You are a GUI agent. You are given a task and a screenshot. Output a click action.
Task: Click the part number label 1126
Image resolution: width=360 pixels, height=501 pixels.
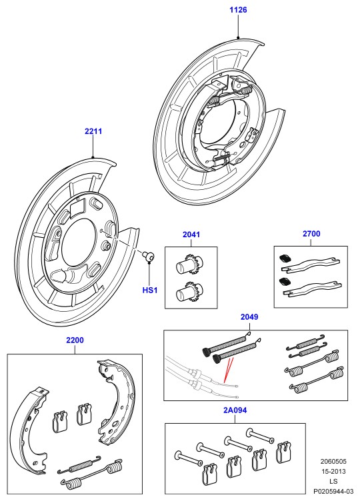click(x=238, y=10)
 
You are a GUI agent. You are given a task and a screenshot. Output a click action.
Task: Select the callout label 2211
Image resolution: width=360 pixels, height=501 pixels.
click(x=93, y=131)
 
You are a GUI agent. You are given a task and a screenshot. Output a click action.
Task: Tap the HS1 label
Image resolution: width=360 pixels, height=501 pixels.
click(x=150, y=290)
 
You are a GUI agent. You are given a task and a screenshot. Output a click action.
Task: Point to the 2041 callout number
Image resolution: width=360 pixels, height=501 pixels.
click(x=191, y=235)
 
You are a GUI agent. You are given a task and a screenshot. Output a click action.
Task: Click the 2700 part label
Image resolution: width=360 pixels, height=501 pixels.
click(x=311, y=234)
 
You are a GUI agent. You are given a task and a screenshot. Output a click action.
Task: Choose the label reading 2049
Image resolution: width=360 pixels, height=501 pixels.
click(x=249, y=317)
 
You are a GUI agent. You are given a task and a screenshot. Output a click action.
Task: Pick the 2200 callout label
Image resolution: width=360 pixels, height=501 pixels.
click(x=75, y=340)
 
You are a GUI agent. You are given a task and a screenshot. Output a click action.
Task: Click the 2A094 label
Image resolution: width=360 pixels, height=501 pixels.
click(x=235, y=410)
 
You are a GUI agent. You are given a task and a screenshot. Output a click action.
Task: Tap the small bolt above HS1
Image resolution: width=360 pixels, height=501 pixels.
click(x=148, y=255)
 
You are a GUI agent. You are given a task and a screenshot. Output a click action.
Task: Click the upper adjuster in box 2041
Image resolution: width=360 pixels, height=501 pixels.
click(x=188, y=265)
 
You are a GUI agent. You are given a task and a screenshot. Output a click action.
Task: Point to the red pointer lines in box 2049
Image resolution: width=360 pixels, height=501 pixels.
click(x=228, y=370)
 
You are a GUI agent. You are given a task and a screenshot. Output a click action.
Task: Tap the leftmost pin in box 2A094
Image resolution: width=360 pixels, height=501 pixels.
click(x=189, y=458)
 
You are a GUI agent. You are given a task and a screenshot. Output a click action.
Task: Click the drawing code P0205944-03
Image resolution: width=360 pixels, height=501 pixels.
click(x=333, y=492)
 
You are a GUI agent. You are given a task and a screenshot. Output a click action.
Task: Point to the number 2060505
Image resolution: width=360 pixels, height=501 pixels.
click(x=333, y=462)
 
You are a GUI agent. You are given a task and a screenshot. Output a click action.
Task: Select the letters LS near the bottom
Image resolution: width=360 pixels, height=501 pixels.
click(x=333, y=482)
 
